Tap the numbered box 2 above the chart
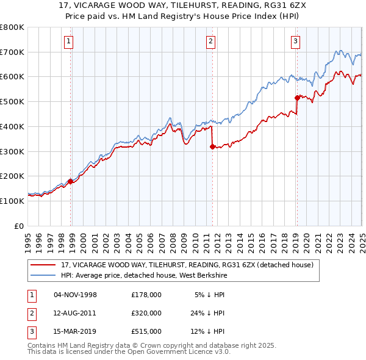click(210, 41)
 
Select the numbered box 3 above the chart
click(295, 41)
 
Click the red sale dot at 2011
click(212, 146)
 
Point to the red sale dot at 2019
click(297, 98)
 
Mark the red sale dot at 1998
click(70, 181)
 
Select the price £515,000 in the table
click(146, 332)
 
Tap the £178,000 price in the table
click(146, 294)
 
